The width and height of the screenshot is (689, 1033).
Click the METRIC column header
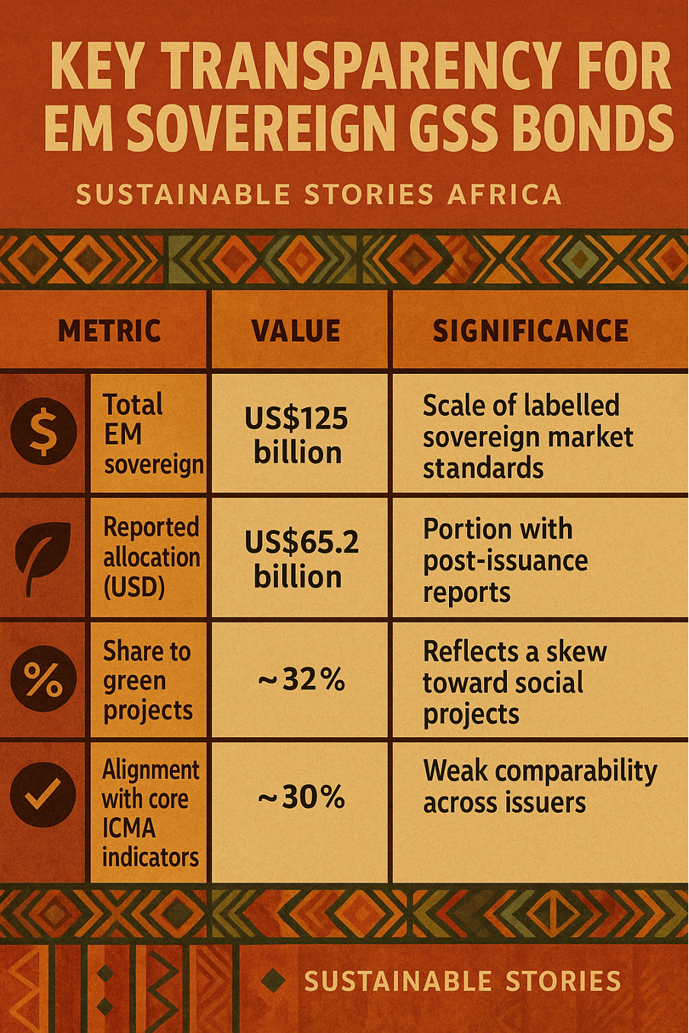click(109, 331)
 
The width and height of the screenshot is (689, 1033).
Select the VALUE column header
click(296, 331)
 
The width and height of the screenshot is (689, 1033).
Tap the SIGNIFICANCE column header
click(530, 331)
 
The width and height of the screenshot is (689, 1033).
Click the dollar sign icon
click(43, 432)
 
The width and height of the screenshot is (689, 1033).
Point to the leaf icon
click(43, 557)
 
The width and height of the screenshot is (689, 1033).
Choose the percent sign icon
click(43, 679)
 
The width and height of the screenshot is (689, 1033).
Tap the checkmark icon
click(43, 795)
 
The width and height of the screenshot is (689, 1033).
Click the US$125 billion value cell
click(296, 435)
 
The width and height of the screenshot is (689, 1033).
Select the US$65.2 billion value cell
click(300, 559)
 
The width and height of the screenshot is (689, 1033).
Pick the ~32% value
click(301, 679)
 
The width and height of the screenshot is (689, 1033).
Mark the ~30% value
click(301, 797)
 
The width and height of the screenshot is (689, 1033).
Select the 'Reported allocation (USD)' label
click(151, 557)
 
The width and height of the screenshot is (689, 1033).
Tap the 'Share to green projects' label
click(148, 680)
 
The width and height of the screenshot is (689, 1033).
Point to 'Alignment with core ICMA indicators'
click(150, 813)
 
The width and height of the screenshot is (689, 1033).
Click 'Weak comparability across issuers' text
click(539, 787)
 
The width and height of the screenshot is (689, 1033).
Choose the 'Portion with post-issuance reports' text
click(505, 560)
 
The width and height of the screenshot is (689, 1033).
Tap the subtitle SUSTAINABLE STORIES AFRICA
click(319, 195)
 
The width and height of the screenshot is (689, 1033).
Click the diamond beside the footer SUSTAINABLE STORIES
click(273, 980)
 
